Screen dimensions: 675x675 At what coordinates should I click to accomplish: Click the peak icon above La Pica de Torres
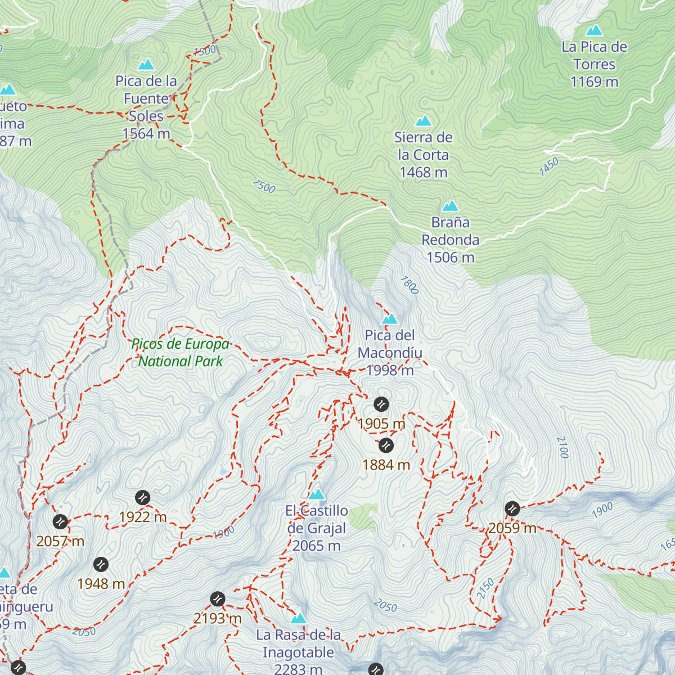pyautogui.click(x=594, y=31)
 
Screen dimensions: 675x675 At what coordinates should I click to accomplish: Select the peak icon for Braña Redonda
pyautogui.click(x=450, y=206)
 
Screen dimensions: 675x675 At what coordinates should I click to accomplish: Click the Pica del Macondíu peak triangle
pyautogui.click(x=390, y=319)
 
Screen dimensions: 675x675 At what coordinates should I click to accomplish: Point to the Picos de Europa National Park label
pyautogui.click(x=181, y=353)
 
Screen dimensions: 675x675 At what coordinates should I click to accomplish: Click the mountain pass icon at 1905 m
pyautogui.click(x=381, y=404)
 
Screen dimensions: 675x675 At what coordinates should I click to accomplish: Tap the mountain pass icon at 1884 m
pyautogui.click(x=386, y=445)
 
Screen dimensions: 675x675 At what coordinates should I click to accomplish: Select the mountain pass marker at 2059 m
pyautogui.click(x=512, y=508)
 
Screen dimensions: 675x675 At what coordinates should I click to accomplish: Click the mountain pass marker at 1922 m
pyautogui.click(x=143, y=497)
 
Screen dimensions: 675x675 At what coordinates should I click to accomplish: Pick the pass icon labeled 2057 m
pyautogui.click(x=60, y=521)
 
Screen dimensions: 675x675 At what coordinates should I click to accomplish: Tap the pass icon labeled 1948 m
pyautogui.click(x=101, y=564)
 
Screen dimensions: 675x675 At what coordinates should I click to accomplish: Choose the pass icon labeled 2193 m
pyautogui.click(x=218, y=599)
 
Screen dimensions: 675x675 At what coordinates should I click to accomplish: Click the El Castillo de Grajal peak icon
pyautogui.click(x=317, y=494)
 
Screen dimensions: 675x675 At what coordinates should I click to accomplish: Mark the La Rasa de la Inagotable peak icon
pyautogui.click(x=298, y=619)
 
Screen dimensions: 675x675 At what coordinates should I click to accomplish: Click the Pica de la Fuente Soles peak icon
pyautogui.click(x=146, y=65)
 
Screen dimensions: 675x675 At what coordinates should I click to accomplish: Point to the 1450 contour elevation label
pyautogui.click(x=549, y=167)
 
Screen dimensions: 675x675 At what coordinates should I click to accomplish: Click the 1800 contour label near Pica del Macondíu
pyautogui.click(x=409, y=285)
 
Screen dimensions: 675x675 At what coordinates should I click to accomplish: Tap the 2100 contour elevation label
pyautogui.click(x=562, y=447)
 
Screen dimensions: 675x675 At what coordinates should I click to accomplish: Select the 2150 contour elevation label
pyautogui.click(x=485, y=588)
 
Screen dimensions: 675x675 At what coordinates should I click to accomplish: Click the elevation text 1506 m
pyautogui.click(x=451, y=258)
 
